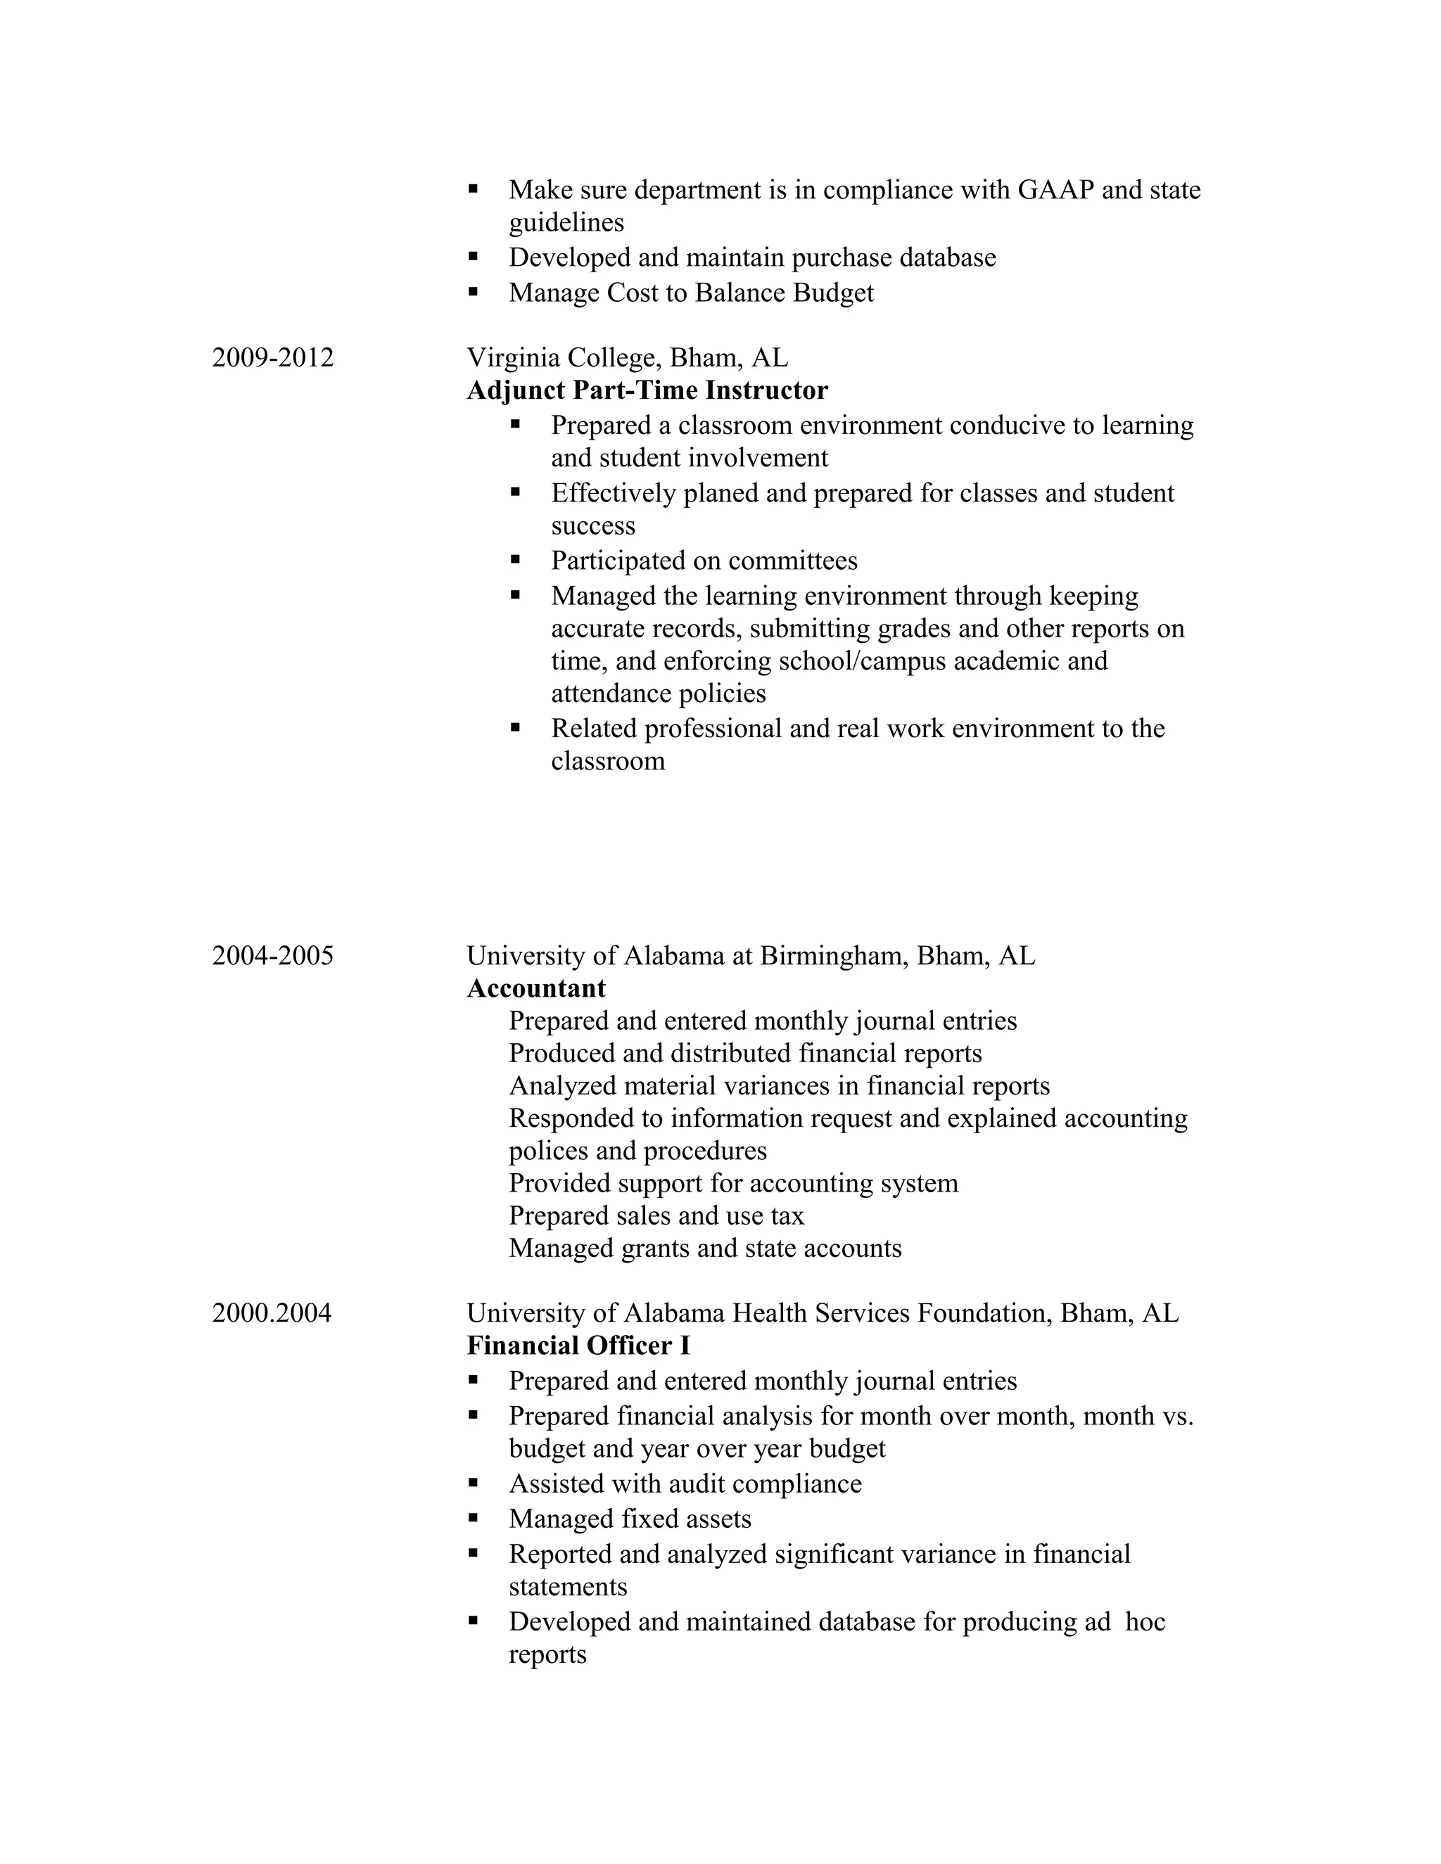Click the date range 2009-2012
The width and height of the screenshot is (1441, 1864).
tap(272, 357)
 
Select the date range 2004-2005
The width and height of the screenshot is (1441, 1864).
tap(272, 956)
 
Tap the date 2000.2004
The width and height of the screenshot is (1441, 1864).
tap(272, 1313)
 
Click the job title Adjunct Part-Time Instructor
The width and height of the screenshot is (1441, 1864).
tap(647, 391)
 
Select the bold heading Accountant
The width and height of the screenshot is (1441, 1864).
tap(536, 988)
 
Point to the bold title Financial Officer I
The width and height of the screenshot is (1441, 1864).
tap(578, 1346)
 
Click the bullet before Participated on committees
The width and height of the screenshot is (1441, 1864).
tap(515, 560)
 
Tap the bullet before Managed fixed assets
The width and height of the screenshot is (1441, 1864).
tap(473, 1519)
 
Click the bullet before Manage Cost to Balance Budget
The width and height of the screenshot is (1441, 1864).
tap(473, 292)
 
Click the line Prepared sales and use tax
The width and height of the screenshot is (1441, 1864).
tap(656, 1216)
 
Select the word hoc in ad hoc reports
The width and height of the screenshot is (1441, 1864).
tap(1145, 1621)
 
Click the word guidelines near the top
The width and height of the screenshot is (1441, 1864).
tap(566, 223)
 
